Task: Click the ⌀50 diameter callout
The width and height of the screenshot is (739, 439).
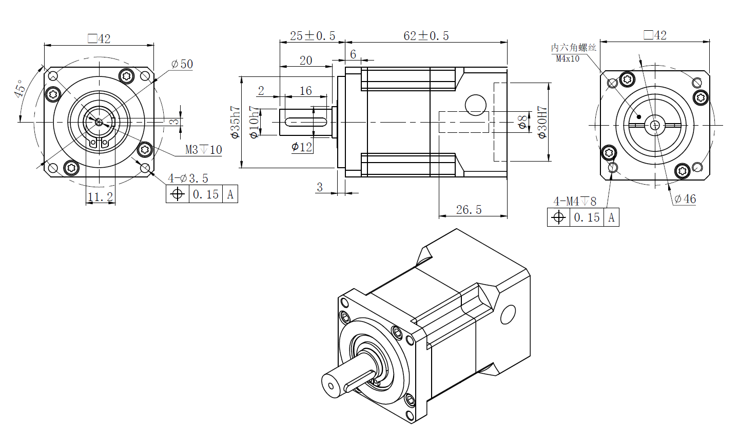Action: (182, 64)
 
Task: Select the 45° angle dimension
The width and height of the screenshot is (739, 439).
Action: (21, 89)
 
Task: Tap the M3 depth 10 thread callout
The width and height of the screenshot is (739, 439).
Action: (204, 150)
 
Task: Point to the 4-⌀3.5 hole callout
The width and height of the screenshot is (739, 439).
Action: (188, 178)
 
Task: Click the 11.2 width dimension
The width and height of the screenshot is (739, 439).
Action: (100, 197)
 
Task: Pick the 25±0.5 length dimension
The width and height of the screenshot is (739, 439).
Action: (312, 35)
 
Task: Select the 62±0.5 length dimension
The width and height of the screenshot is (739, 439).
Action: (426, 35)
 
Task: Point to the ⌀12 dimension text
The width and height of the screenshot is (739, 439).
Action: (302, 147)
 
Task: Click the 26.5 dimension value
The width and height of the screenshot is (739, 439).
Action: (469, 210)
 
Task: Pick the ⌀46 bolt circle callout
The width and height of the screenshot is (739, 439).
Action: (685, 199)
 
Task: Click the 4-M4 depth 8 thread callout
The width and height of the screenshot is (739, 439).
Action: (575, 201)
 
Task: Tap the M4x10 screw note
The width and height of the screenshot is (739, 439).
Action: (568, 58)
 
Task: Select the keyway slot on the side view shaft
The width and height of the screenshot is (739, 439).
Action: (306, 122)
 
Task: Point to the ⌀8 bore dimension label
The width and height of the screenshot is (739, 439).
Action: (522, 122)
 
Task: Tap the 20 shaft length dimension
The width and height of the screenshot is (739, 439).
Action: (305, 61)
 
